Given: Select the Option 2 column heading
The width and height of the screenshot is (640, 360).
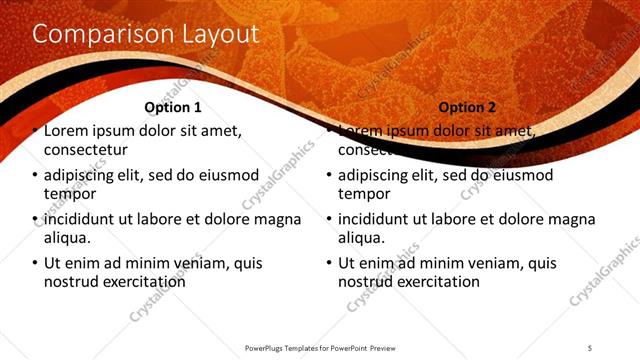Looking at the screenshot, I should point(466,107).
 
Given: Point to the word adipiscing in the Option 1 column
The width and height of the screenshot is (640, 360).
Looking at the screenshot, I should point(80,176).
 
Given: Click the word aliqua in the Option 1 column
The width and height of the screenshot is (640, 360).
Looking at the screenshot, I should point(65,238).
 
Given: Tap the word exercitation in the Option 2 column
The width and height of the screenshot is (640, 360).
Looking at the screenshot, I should point(433,282).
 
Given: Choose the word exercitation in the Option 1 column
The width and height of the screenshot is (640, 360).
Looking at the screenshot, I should point(139,282).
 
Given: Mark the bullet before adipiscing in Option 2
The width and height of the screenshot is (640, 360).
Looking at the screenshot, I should point(329,176).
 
